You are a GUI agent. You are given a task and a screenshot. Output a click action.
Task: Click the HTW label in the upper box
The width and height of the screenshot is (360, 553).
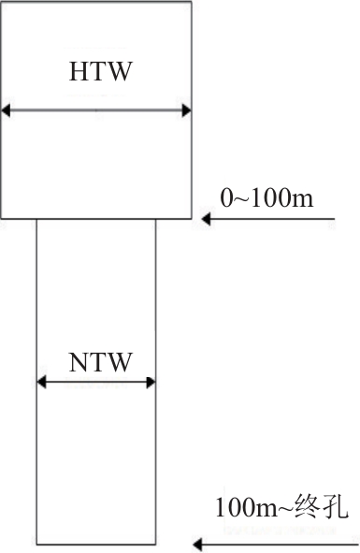(x=100, y=72)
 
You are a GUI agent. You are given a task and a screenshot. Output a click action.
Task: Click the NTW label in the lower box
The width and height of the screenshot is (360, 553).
(x=100, y=362)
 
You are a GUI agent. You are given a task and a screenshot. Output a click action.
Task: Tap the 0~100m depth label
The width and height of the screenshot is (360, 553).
(x=266, y=197)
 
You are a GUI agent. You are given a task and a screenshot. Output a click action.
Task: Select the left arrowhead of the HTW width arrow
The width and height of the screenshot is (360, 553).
(x=6, y=110)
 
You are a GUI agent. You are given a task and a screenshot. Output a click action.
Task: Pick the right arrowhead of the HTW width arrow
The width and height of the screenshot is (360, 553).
(x=186, y=110)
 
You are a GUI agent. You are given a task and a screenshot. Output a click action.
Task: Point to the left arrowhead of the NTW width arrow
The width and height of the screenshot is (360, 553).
(x=41, y=382)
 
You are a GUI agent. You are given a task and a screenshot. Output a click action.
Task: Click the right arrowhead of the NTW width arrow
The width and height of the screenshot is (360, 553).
(x=151, y=382)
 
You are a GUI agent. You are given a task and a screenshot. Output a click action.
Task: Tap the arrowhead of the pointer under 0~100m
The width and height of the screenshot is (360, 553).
(x=206, y=219)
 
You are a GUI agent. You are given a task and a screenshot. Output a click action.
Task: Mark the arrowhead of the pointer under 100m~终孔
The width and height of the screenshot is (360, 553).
(x=197, y=545)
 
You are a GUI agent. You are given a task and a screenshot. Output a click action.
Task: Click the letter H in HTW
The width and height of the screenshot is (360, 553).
(x=78, y=72)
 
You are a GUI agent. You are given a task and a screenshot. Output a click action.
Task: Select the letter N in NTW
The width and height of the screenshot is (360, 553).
(x=78, y=362)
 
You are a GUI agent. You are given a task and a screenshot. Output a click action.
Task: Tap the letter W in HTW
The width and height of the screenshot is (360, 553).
(x=119, y=72)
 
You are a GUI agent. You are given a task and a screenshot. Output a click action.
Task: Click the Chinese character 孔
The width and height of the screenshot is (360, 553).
(x=335, y=507)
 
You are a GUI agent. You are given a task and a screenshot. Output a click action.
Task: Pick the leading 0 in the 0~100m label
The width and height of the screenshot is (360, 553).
(x=226, y=197)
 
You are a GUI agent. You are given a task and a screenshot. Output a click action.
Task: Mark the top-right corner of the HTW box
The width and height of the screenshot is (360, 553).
(x=192, y=2)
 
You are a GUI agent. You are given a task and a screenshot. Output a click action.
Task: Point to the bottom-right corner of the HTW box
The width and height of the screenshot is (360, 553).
(x=192, y=219)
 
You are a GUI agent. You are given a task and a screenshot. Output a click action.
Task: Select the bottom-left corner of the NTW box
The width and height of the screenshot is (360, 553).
(x=37, y=545)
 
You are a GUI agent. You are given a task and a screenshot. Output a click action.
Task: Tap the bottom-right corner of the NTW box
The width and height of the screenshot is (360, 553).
(x=155, y=545)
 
